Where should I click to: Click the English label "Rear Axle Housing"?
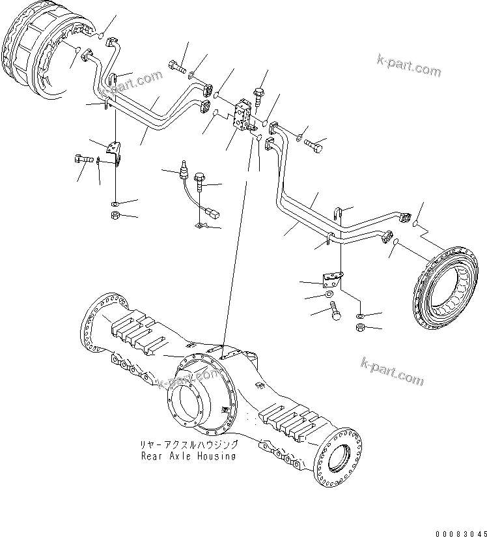click(x=189, y=456)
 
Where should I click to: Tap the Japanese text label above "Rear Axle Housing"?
click(x=189, y=444)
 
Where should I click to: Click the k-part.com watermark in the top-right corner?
click(x=409, y=66)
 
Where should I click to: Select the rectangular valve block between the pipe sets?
click(x=245, y=119)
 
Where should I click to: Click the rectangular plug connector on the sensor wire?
click(x=210, y=212)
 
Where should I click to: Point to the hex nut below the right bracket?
click(x=360, y=327)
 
